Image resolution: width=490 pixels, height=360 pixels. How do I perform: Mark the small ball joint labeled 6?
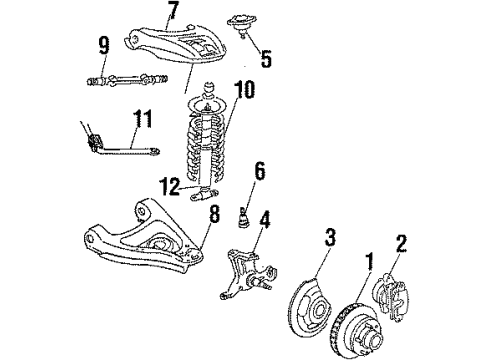[244, 214]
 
